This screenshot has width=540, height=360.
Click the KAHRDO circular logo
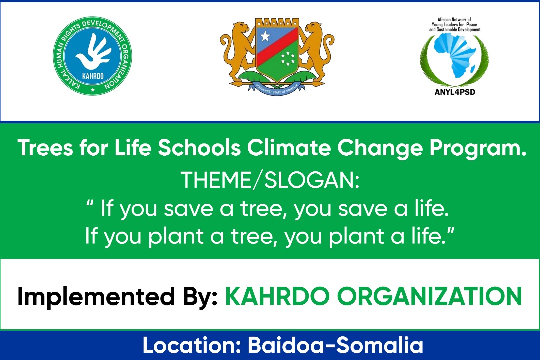(93, 56)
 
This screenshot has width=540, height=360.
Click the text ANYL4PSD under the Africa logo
(455, 91)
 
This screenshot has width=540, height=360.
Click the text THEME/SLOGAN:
(270, 181)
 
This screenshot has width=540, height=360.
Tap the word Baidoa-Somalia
(336, 345)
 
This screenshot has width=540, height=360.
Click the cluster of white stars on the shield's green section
(288, 59)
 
